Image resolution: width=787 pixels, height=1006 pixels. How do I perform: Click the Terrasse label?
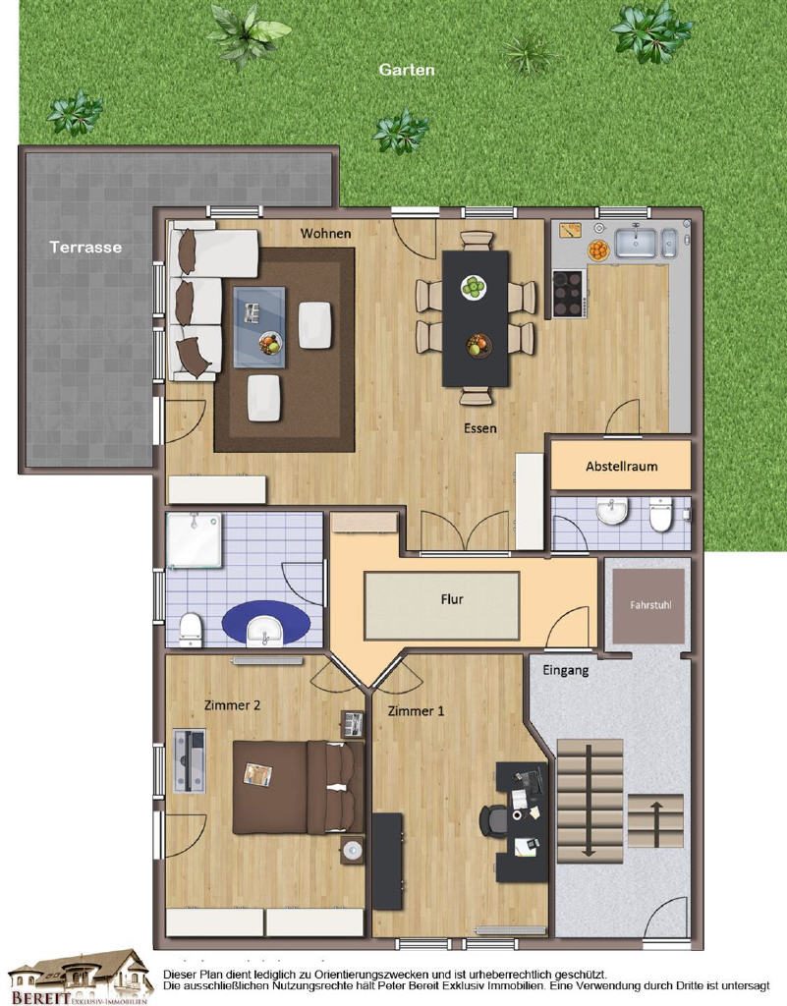coord(85,247)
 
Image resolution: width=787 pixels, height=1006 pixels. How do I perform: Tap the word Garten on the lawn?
coord(407,70)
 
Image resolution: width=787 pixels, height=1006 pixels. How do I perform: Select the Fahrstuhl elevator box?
coord(649,605)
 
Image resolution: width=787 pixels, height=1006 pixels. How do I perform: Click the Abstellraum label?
coord(622,467)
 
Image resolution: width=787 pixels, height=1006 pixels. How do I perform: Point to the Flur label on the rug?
coord(452,599)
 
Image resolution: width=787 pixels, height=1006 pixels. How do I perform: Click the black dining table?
coord(476,319)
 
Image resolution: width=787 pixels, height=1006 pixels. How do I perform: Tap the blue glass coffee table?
coord(259,326)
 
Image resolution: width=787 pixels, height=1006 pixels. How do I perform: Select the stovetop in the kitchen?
coord(568,293)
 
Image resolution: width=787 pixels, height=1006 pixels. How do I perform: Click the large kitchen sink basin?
coord(637,243)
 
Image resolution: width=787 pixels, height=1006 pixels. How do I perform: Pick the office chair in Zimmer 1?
coord(493,819)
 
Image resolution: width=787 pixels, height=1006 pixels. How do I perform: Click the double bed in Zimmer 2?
coord(299,787)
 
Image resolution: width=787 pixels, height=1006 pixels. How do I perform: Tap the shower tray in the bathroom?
coord(194,539)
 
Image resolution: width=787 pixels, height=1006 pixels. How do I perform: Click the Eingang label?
coord(566,670)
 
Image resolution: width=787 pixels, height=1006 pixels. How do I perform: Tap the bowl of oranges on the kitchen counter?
coord(597,250)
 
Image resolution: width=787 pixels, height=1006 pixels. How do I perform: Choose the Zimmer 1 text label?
coord(416,711)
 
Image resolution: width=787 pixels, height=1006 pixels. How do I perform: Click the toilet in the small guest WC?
coord(660,514)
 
